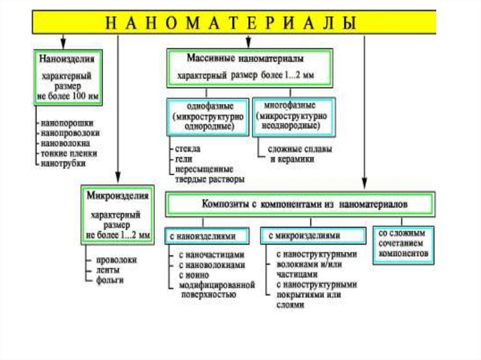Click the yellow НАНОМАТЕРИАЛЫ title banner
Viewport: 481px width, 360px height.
[233, 22]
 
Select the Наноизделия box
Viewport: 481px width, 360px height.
[68, 77]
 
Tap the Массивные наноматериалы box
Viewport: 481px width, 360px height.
[248, 67]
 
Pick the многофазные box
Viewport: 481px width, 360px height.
[294, 116]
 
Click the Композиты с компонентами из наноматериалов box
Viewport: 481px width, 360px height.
[301, 204]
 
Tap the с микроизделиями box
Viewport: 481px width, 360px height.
[313, 236]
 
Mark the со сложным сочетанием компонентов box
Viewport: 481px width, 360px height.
[403, 245]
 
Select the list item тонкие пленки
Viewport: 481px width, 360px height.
[69, 153]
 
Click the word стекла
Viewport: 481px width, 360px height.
[187, 148]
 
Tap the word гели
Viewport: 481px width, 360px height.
[183, 159]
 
